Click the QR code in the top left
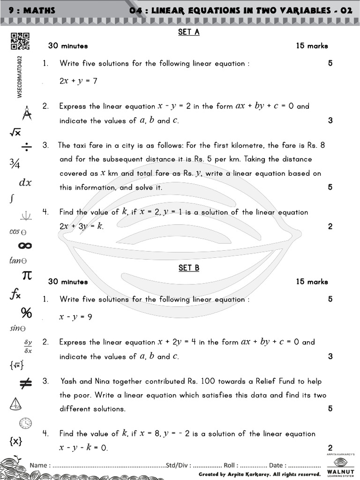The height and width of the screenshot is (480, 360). tap(20, 41)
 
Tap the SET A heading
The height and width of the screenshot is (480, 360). tap(189, 32)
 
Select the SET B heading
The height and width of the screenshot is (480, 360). tap(189, 268)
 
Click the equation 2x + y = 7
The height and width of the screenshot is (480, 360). tap(78, 81)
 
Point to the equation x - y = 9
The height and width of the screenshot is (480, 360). tap(75, 317)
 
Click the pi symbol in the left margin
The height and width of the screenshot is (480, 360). tap(27, 275)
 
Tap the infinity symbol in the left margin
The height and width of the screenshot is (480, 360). tap(24, 246)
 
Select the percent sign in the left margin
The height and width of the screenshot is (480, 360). tap(26, 312)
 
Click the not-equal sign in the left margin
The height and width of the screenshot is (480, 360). tap(25, 384)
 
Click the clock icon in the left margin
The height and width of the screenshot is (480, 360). tap(25, 423)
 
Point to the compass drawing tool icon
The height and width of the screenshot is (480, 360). tap(27, 113)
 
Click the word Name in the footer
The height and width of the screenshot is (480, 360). tap(38, 465)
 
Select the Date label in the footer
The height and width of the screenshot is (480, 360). tap(277, 465)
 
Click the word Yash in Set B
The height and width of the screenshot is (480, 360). tap(68, 381)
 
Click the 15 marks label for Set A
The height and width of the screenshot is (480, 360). tap(312, 46)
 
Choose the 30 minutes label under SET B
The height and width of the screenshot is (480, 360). tap(68, 282)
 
